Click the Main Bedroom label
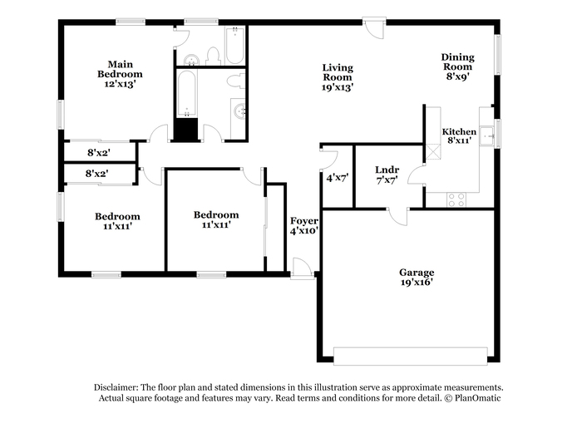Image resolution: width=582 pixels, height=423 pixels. [120, 69]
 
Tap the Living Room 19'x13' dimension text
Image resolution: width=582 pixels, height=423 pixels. [338, 87]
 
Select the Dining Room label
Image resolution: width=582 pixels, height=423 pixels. [457, 61]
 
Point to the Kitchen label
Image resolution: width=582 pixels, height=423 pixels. [459, 132]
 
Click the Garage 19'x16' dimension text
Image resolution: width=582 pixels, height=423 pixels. [417, 282]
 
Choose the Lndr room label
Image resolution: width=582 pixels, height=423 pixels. [387, 170]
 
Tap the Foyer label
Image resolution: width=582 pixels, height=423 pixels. [304, 221]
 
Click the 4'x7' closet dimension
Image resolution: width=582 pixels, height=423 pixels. [337, 178]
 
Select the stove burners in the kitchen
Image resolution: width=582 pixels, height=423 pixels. [456, 199]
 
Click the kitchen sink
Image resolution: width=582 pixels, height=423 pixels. [486, 135]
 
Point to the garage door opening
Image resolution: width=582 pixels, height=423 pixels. [410, 357]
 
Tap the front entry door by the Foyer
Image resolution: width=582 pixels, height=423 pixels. [302, 268]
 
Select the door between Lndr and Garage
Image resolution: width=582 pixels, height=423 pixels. [398, 217]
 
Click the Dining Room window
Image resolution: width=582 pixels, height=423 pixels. [497, 55]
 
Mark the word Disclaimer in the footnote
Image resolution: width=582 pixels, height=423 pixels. [116, 387]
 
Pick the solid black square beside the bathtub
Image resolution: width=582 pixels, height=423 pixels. [186, 130]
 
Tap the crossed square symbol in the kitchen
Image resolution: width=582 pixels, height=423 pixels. [433, 152]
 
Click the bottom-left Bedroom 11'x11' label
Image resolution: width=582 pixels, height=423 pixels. [117, 221]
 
